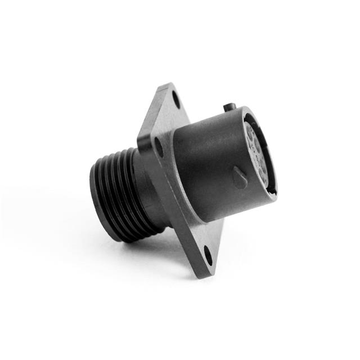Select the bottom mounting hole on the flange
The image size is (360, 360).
208,256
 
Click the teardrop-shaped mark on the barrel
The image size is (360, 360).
240,179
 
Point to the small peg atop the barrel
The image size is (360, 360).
229,106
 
